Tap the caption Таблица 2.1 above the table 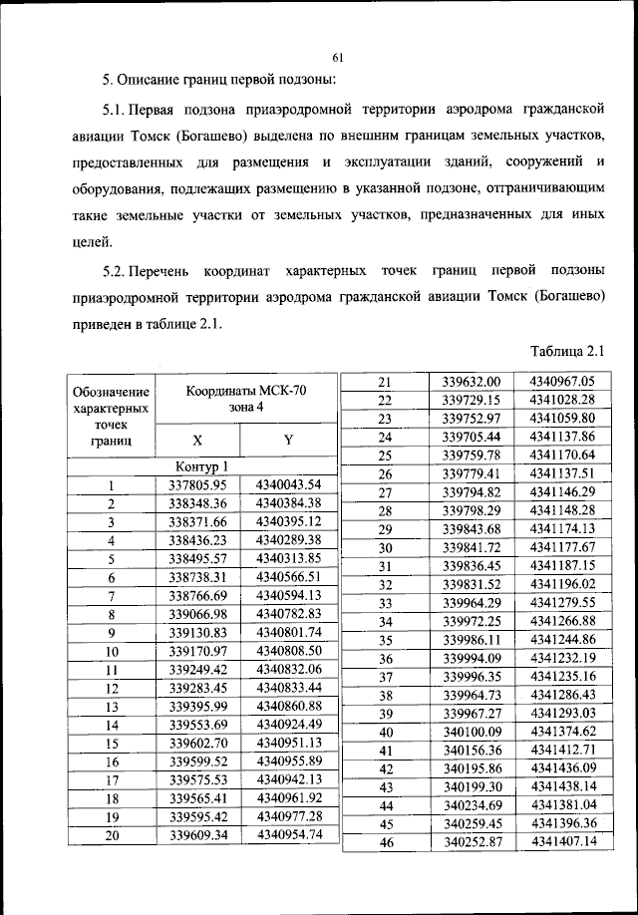click(x=568, y=350)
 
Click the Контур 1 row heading click(x=200, y=466)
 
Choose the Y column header click(x=288, y=440)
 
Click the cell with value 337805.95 click(x=199, y=485)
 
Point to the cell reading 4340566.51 click(x=288, y=577)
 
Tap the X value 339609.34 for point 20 click(x=199, y=835)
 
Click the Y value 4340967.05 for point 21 click(x=562, y=381)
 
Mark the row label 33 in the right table click(x=385, y=603)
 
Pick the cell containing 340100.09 click(x=477, y=732)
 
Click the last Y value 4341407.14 click(x=562, y=842)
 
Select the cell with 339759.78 click(x=477, y=455)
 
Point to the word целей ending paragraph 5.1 click(x=93, y=240)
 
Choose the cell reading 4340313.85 click(x=288, y=558)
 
